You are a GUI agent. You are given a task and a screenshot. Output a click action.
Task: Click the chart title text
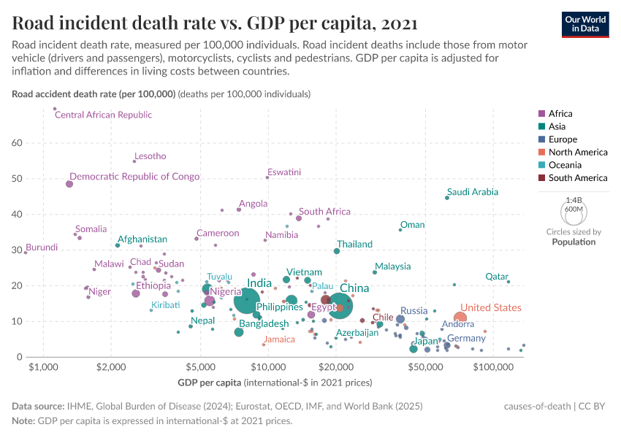215,23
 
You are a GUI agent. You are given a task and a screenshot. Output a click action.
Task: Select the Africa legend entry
560,113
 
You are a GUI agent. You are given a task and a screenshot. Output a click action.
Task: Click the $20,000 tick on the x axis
336,366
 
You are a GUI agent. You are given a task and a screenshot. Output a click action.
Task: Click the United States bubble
460,318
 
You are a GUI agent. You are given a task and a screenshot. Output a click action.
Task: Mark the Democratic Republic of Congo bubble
69,184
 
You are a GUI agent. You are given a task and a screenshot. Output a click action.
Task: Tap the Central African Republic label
104,115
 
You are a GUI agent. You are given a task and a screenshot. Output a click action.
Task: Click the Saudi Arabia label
473,192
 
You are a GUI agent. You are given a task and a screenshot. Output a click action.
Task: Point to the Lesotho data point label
150,156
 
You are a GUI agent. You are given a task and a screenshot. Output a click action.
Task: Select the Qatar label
497,277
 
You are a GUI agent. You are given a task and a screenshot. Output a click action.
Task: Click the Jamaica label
279,339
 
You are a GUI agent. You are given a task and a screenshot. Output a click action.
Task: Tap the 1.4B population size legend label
573,199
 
